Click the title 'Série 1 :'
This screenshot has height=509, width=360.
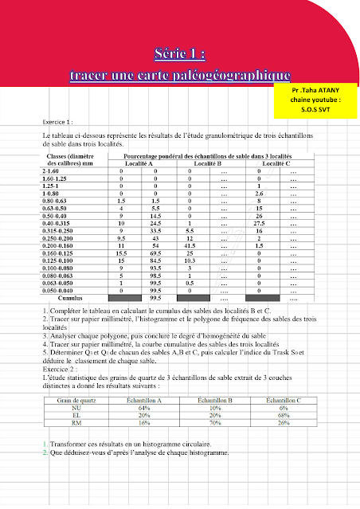click(179, 53)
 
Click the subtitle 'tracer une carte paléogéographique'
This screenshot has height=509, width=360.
click(179, 75)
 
